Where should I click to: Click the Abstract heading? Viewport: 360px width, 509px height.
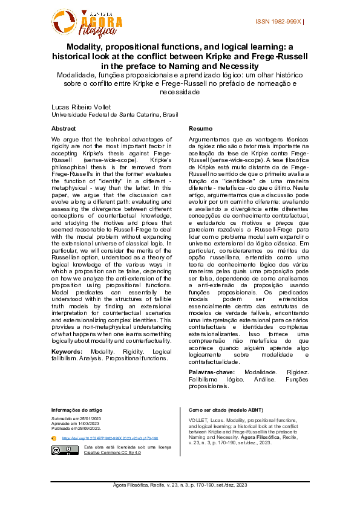[x=64, y=129]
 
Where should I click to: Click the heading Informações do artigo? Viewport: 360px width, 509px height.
[x=76, y=410]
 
